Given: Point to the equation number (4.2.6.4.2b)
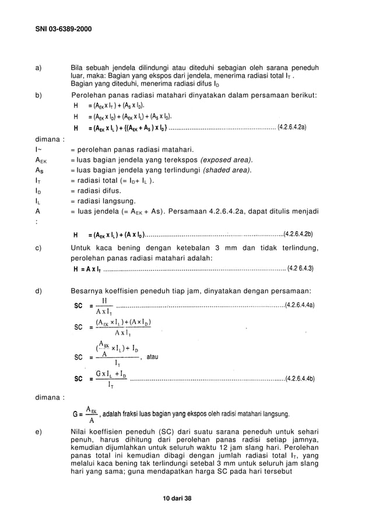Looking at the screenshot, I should (299, 235).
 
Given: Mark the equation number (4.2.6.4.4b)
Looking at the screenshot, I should (300, 378).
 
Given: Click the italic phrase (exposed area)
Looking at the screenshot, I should (226, 159).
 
